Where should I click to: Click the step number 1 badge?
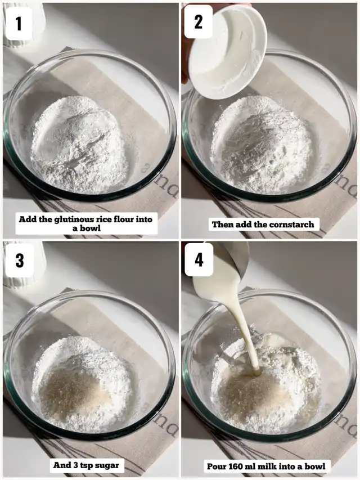[x=19, y=23]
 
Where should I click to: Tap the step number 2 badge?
[x=199, y=22]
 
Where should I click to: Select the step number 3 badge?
[x=20, y=260]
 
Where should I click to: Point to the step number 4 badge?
[x=199, y=259]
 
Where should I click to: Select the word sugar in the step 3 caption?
[x=106, y=465]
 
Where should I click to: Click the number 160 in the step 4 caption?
[x=236, y=466]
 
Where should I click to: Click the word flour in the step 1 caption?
[x=124, y=219]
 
